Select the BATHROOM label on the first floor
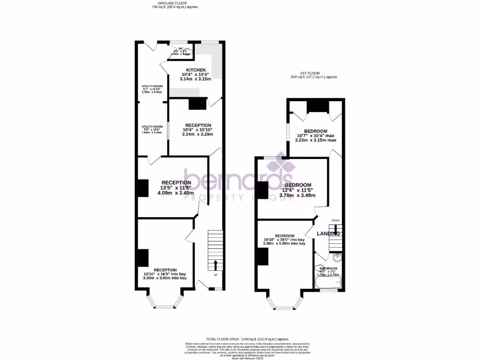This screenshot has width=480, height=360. coord(329,269)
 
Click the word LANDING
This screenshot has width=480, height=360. coord(328,233)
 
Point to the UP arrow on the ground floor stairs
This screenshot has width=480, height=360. coord(216,264)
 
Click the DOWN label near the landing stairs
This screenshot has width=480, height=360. coord(336,220)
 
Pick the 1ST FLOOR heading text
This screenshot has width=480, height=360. coord(314,73)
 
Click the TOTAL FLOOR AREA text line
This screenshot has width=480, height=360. coord(248,338)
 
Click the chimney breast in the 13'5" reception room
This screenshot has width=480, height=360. coord(142,188)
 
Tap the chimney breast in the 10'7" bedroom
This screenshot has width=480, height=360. coord(317,106)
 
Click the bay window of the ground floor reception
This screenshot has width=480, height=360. coord(165,302)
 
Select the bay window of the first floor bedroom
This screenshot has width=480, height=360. coord(285,303)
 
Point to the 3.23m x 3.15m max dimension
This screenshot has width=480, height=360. coord(315,140)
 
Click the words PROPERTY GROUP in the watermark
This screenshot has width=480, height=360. coord(237,198)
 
